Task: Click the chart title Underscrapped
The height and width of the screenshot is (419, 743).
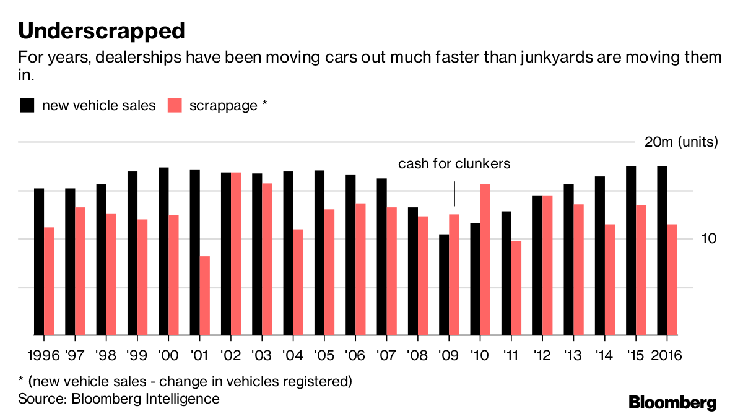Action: pyautogui.click(x=102, y=30)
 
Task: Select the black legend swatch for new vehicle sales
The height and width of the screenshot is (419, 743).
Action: pyautogui.click(x=27, y=105)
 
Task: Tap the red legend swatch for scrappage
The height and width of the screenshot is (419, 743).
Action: pyautogui.click(x=175, y=105)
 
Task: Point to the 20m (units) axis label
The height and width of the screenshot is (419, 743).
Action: pyautogui.click(x=680, y=142)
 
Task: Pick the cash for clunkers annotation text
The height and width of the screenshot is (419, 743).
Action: pyautogui.click(x=454, y=164)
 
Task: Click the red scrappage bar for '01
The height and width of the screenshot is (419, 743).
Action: pyautogui.click(x=205, y=295)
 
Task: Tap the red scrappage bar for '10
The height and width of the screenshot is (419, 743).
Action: pyautogui.click(x=485, y=259)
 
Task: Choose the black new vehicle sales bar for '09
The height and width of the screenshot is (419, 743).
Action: pyautogui.click(x=443, y=285)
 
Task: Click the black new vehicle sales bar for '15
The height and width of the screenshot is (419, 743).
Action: pyautogui.click(x=631, y=251)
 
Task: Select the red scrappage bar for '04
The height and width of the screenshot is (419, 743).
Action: pyautogui.click(x=298, y=282)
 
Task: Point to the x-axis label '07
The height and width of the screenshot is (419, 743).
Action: pyautogui.click(x=386, y=355)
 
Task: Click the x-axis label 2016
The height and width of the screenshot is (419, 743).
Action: pyautogui.click(x=666, y=355)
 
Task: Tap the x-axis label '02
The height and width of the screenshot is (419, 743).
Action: pyautogui.click(x=230, y=355)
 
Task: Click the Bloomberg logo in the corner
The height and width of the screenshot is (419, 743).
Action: pyautogui.click(x=672, y=403)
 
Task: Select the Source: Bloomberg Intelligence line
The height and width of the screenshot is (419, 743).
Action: pyautogui.click(x=118, y=399)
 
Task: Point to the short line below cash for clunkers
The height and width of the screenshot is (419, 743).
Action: pyautogui.click(x=454, y=194)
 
